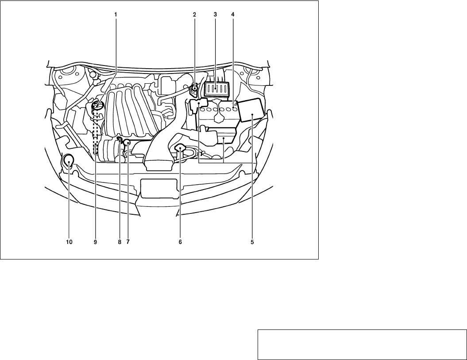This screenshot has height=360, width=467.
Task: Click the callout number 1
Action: click(116, 14)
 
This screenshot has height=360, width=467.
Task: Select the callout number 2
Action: click(194, 14)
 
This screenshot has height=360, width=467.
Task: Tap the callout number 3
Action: click(215, 14)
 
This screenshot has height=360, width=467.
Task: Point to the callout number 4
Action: click(233, 14)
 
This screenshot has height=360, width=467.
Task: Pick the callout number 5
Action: click(252, 242)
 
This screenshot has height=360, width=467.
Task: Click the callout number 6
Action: click(180, 242)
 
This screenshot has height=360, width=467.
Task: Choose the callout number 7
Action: click(128, 242)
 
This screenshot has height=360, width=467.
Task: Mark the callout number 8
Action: click(120, 242)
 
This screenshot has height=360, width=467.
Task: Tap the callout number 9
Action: click(95, 242)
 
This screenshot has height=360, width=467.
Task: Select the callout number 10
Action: click(69, 242)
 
